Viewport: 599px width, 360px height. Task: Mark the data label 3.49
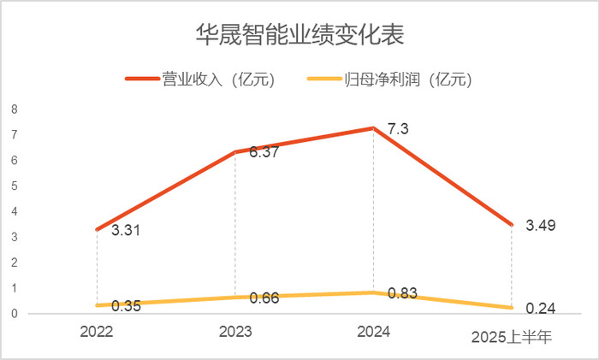pyautogui.click(x=541, y=226)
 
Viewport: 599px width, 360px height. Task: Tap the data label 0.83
pyautogui.click(x=401, y=293)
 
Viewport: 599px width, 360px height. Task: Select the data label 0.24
pyautogui.click(x=541, y=309)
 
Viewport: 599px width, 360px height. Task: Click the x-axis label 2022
pyautogui.click(x=96, y=332)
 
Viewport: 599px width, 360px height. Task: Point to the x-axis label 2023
pyautogui.click(x=234, y=332)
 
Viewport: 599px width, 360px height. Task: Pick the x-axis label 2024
pyautogui.click(x=373, y=332)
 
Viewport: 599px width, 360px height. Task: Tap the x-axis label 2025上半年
pyautogui.click(x=512, y=337)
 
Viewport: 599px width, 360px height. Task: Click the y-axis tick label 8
pyautogui.click(x=14, y=109)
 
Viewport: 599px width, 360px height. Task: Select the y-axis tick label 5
pyautogui.click(x=14, y=186)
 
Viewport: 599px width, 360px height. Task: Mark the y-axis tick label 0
pyautogui.click(x=14, y=314)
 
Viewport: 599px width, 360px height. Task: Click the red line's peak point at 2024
pyautogui.click(x=373, y=128)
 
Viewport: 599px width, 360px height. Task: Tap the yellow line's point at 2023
pyautogui.click(x=234, y=297)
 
